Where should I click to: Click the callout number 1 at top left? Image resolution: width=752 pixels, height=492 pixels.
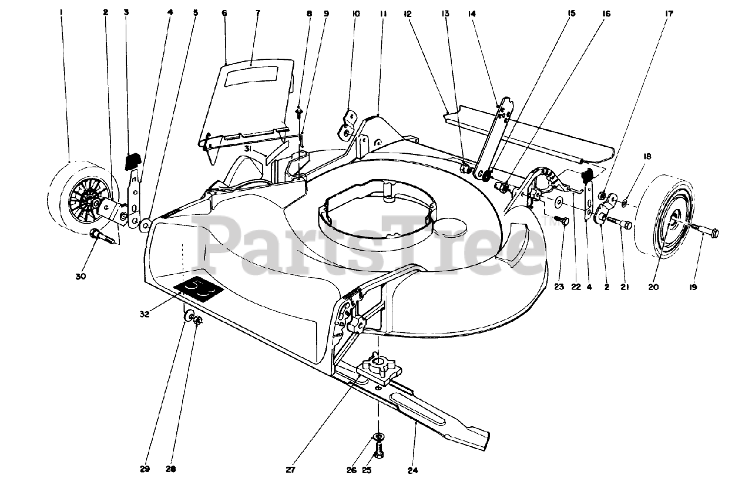point(61,12)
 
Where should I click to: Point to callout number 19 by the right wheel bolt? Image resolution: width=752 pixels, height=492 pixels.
point(694,287)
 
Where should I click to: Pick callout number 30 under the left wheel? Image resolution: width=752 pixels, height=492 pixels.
point(81,276)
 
